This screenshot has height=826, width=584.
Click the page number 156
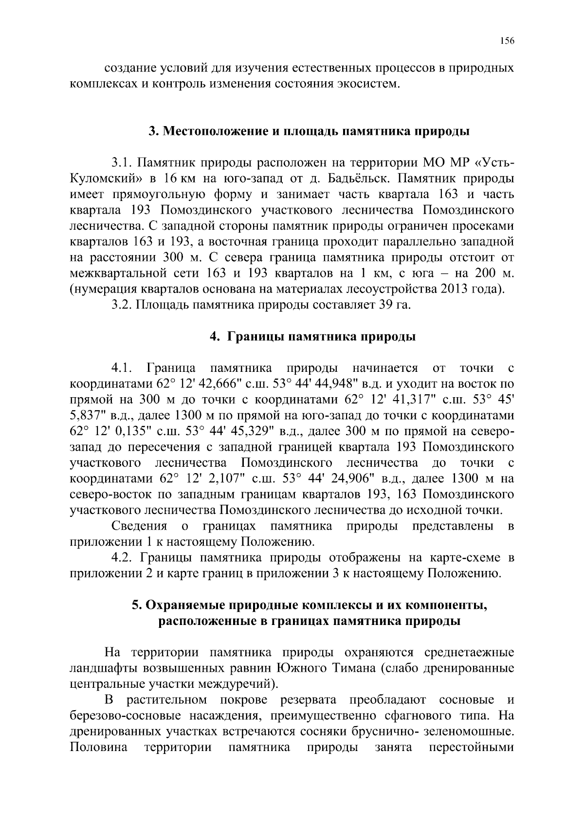(x=507, y=41)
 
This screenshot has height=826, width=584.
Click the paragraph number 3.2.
(x=122, y=305)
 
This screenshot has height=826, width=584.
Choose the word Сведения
(x=139, y=526)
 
